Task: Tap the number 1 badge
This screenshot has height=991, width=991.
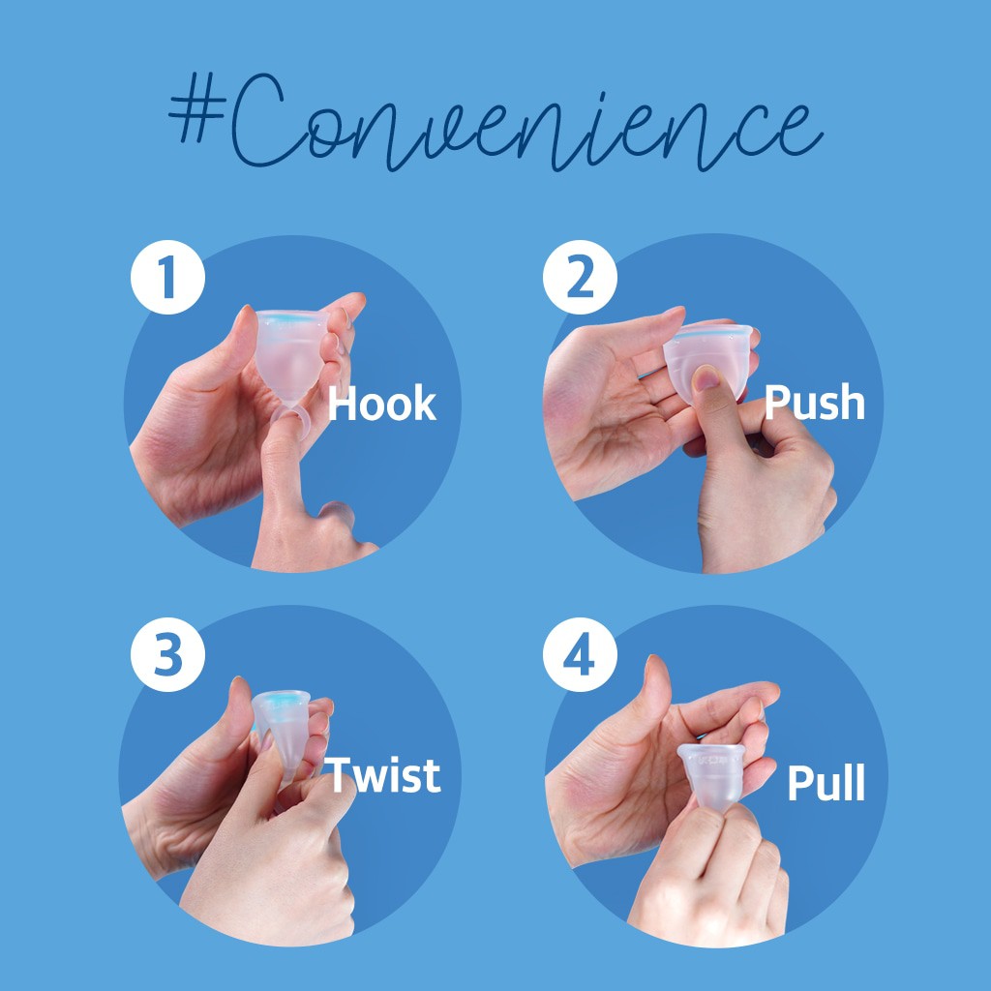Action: coord(167,277)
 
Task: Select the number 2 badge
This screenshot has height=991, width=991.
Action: coord(580,277)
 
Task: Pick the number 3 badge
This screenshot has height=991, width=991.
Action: coord(167,654)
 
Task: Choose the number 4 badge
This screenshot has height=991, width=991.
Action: coord(580,654)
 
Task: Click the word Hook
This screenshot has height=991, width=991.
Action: coord(381,404)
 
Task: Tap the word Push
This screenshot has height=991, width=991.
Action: coord(814,402)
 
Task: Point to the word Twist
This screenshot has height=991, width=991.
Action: coord(381,774)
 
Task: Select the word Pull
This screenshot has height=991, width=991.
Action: coord(826,782)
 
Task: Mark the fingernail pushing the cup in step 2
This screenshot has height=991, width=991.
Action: coord(706,378)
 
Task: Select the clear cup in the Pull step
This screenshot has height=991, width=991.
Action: coord(712,777)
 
